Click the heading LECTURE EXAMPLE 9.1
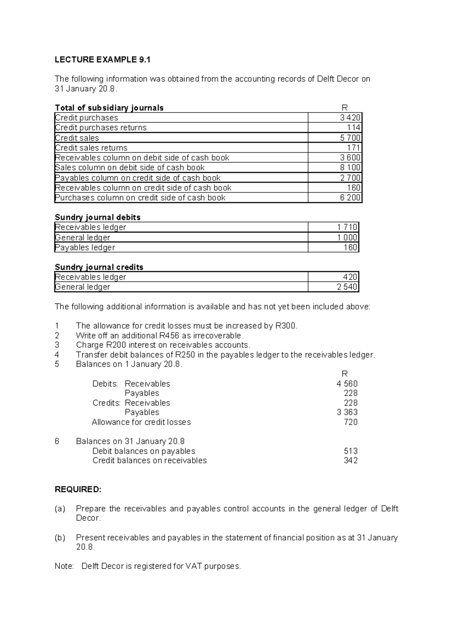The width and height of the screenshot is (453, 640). [x=102, y=60]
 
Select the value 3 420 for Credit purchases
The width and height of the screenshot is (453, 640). [x=350, y=118]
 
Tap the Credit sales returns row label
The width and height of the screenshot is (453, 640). [x=91, y=148]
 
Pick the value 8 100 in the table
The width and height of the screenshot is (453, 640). [x=350, y=168]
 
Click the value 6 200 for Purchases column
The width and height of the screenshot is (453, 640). [x=350, y=198]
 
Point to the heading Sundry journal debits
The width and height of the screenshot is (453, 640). [x=98, y=217]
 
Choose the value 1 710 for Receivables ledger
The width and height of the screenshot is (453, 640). [x=347, y=227]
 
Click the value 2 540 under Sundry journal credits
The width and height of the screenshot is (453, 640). [x=347, y=287]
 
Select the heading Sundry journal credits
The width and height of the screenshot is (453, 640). [x=99, y=267]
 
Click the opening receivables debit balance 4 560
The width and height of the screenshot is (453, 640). [x=347, y=384]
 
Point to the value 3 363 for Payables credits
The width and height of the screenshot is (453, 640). [x=347, y=412]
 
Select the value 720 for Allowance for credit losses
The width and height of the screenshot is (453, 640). [x=351, y=422]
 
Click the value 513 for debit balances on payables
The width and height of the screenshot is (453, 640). [x=351, y=451]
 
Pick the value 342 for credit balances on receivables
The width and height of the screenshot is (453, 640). [x=351, y=461]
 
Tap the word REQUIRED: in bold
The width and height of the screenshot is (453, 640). [x=78, y=490]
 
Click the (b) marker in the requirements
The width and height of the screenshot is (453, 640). [x=60, y=538]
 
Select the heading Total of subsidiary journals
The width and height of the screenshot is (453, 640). [x=109, y=108]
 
